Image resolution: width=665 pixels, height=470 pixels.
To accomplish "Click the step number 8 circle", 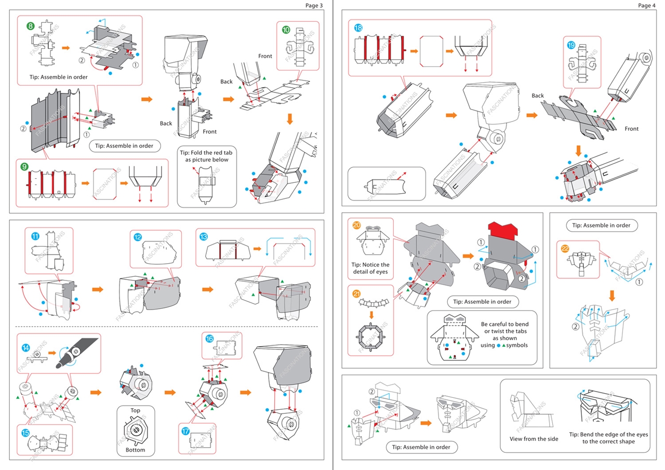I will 31,25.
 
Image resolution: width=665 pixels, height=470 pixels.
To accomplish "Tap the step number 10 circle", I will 286,30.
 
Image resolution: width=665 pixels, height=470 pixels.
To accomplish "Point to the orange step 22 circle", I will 566,249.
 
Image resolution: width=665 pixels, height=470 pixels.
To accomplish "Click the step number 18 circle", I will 358,28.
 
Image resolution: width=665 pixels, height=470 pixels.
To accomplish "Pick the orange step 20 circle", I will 356,225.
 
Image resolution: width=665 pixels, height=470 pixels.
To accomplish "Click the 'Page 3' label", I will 314,5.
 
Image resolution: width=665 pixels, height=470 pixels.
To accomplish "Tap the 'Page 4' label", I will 647,5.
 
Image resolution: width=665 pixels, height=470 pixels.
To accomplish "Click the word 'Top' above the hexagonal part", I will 135,410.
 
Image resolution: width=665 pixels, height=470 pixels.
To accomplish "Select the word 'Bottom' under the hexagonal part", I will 135,450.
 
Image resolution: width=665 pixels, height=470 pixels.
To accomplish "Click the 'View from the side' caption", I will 534,439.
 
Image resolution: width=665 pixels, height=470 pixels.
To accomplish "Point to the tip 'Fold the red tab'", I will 206,156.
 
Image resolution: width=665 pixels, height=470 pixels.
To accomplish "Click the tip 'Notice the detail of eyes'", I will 370,268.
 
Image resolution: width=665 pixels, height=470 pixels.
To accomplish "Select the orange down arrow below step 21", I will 371,314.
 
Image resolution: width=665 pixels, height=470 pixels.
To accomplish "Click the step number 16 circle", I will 209,339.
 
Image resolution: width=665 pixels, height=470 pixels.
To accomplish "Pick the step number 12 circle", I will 138,237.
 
